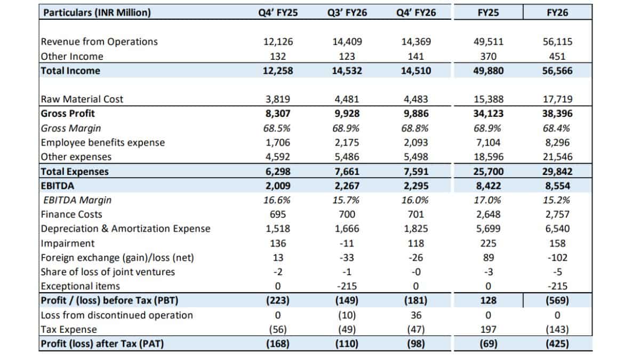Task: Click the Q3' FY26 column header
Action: [x=347, y=13]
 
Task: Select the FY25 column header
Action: [x=488, y=13]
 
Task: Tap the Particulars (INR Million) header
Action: [x=97, y=13]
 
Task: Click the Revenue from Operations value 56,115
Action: [x=557, y=42]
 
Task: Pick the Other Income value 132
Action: [x=278, y=57]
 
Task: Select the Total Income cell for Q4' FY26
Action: [x=416, y=71]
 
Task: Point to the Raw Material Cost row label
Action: [x=82, y=99]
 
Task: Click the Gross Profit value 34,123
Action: [x=489, y=114]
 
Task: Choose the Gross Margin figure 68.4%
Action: [x=556, y=129]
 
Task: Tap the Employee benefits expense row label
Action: [x=103, y=142]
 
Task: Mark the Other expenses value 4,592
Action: [x=278, y=157]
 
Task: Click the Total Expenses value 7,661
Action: [x=347, y=171]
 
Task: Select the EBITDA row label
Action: [x=58, y=186]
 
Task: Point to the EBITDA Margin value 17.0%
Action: [x=487, y=200]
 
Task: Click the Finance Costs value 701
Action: [x=416, y=214]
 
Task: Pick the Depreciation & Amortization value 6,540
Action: [x=557, y=229]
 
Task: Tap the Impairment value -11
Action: [x=347, y=243]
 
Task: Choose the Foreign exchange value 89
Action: [x=489, y=258]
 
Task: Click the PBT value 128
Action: [x=489, y=301]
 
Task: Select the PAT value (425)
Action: [x=557, y=343]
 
